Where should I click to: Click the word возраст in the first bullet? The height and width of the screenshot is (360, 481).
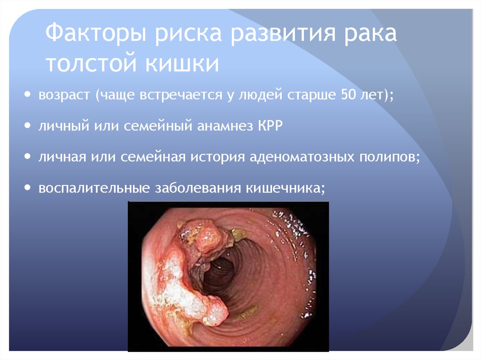coord(65,95)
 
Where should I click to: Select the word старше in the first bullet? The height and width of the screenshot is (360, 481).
coord(308,95)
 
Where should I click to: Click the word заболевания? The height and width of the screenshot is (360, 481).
coord(197,188)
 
